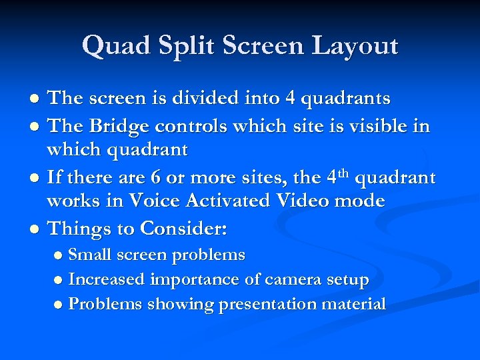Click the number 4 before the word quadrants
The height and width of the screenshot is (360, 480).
point(290,99)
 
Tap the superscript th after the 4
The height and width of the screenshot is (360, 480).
point(343,173)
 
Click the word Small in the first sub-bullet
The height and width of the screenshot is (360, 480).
point(90,255)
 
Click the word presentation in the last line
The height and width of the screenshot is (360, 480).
point(269,305)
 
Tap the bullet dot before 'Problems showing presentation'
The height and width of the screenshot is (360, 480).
point(59,305)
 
